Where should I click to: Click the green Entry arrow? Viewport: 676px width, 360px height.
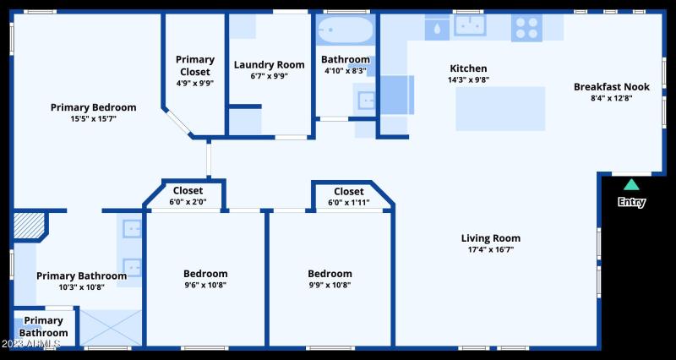coord(631,184)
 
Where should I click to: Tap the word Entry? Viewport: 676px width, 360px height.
coord(631,202)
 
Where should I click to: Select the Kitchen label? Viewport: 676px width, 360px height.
coord(468,68)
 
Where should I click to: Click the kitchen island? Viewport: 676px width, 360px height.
coord(499,107)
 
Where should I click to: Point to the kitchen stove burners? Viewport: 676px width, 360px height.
coord(526,29)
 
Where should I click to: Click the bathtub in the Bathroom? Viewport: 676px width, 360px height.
coord(345,30)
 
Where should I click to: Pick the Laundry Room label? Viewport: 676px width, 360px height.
coord(269,64)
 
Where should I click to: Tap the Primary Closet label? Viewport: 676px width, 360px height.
coord(195,65)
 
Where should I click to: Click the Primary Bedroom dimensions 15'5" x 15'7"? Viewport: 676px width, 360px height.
coord(94,118)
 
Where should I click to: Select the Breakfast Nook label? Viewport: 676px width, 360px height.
coord(612,86)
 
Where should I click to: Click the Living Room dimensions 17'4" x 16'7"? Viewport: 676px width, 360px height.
coord(491,249)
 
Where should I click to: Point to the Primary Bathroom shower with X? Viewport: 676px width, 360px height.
coord(110,327)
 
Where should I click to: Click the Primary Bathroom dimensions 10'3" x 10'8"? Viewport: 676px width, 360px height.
coord(82,287)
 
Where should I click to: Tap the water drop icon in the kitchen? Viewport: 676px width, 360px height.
coord(437,29)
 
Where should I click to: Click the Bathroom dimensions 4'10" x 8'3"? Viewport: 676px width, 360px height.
coord(346,71)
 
